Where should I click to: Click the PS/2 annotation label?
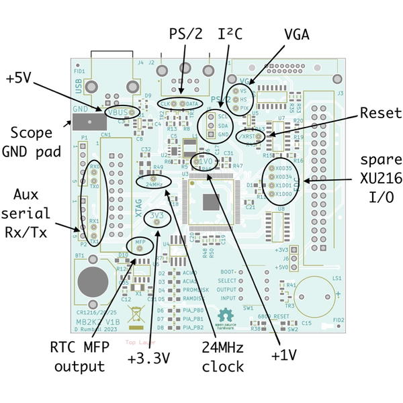(184, 34)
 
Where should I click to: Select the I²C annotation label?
(230, 34)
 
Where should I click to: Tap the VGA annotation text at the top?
(296, 34)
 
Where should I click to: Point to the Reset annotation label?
(380, 113)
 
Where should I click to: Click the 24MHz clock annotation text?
(222, 358)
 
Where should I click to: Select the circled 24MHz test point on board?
(153, 183)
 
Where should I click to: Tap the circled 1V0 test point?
(204, 162)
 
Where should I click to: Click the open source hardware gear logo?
(224, 314)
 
